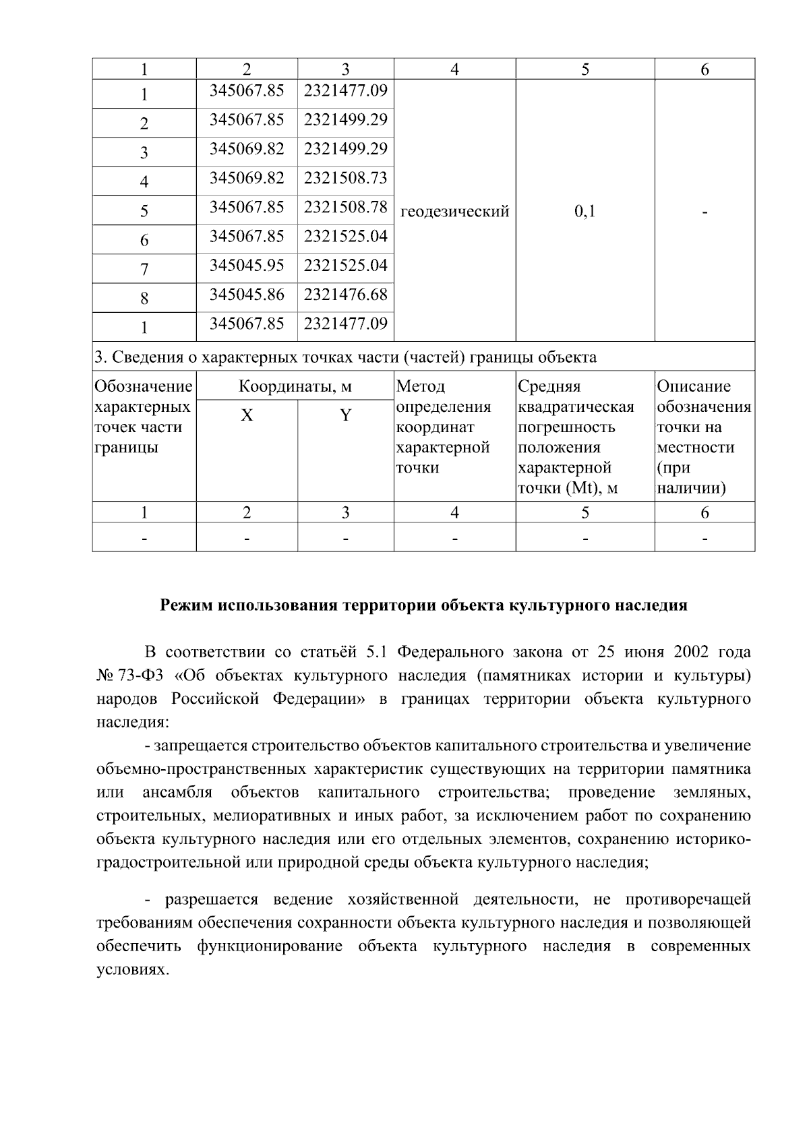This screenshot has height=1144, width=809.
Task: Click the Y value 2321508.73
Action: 345,178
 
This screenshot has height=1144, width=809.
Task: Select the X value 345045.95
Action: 247,265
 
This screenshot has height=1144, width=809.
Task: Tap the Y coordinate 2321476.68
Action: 345,295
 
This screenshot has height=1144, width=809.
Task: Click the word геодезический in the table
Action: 454,212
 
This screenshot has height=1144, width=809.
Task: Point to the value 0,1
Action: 585,212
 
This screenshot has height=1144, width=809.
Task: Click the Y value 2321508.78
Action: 345,207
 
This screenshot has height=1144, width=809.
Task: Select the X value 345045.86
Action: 247,295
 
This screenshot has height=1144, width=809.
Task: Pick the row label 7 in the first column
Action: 144,270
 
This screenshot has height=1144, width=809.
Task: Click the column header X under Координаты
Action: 247,415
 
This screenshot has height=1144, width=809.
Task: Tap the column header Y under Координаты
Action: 345,415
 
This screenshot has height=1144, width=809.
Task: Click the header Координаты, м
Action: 295,387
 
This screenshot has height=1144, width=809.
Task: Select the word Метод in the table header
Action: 421,387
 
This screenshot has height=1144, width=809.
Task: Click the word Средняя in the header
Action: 549,387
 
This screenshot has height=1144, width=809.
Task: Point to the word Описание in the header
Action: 694,387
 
